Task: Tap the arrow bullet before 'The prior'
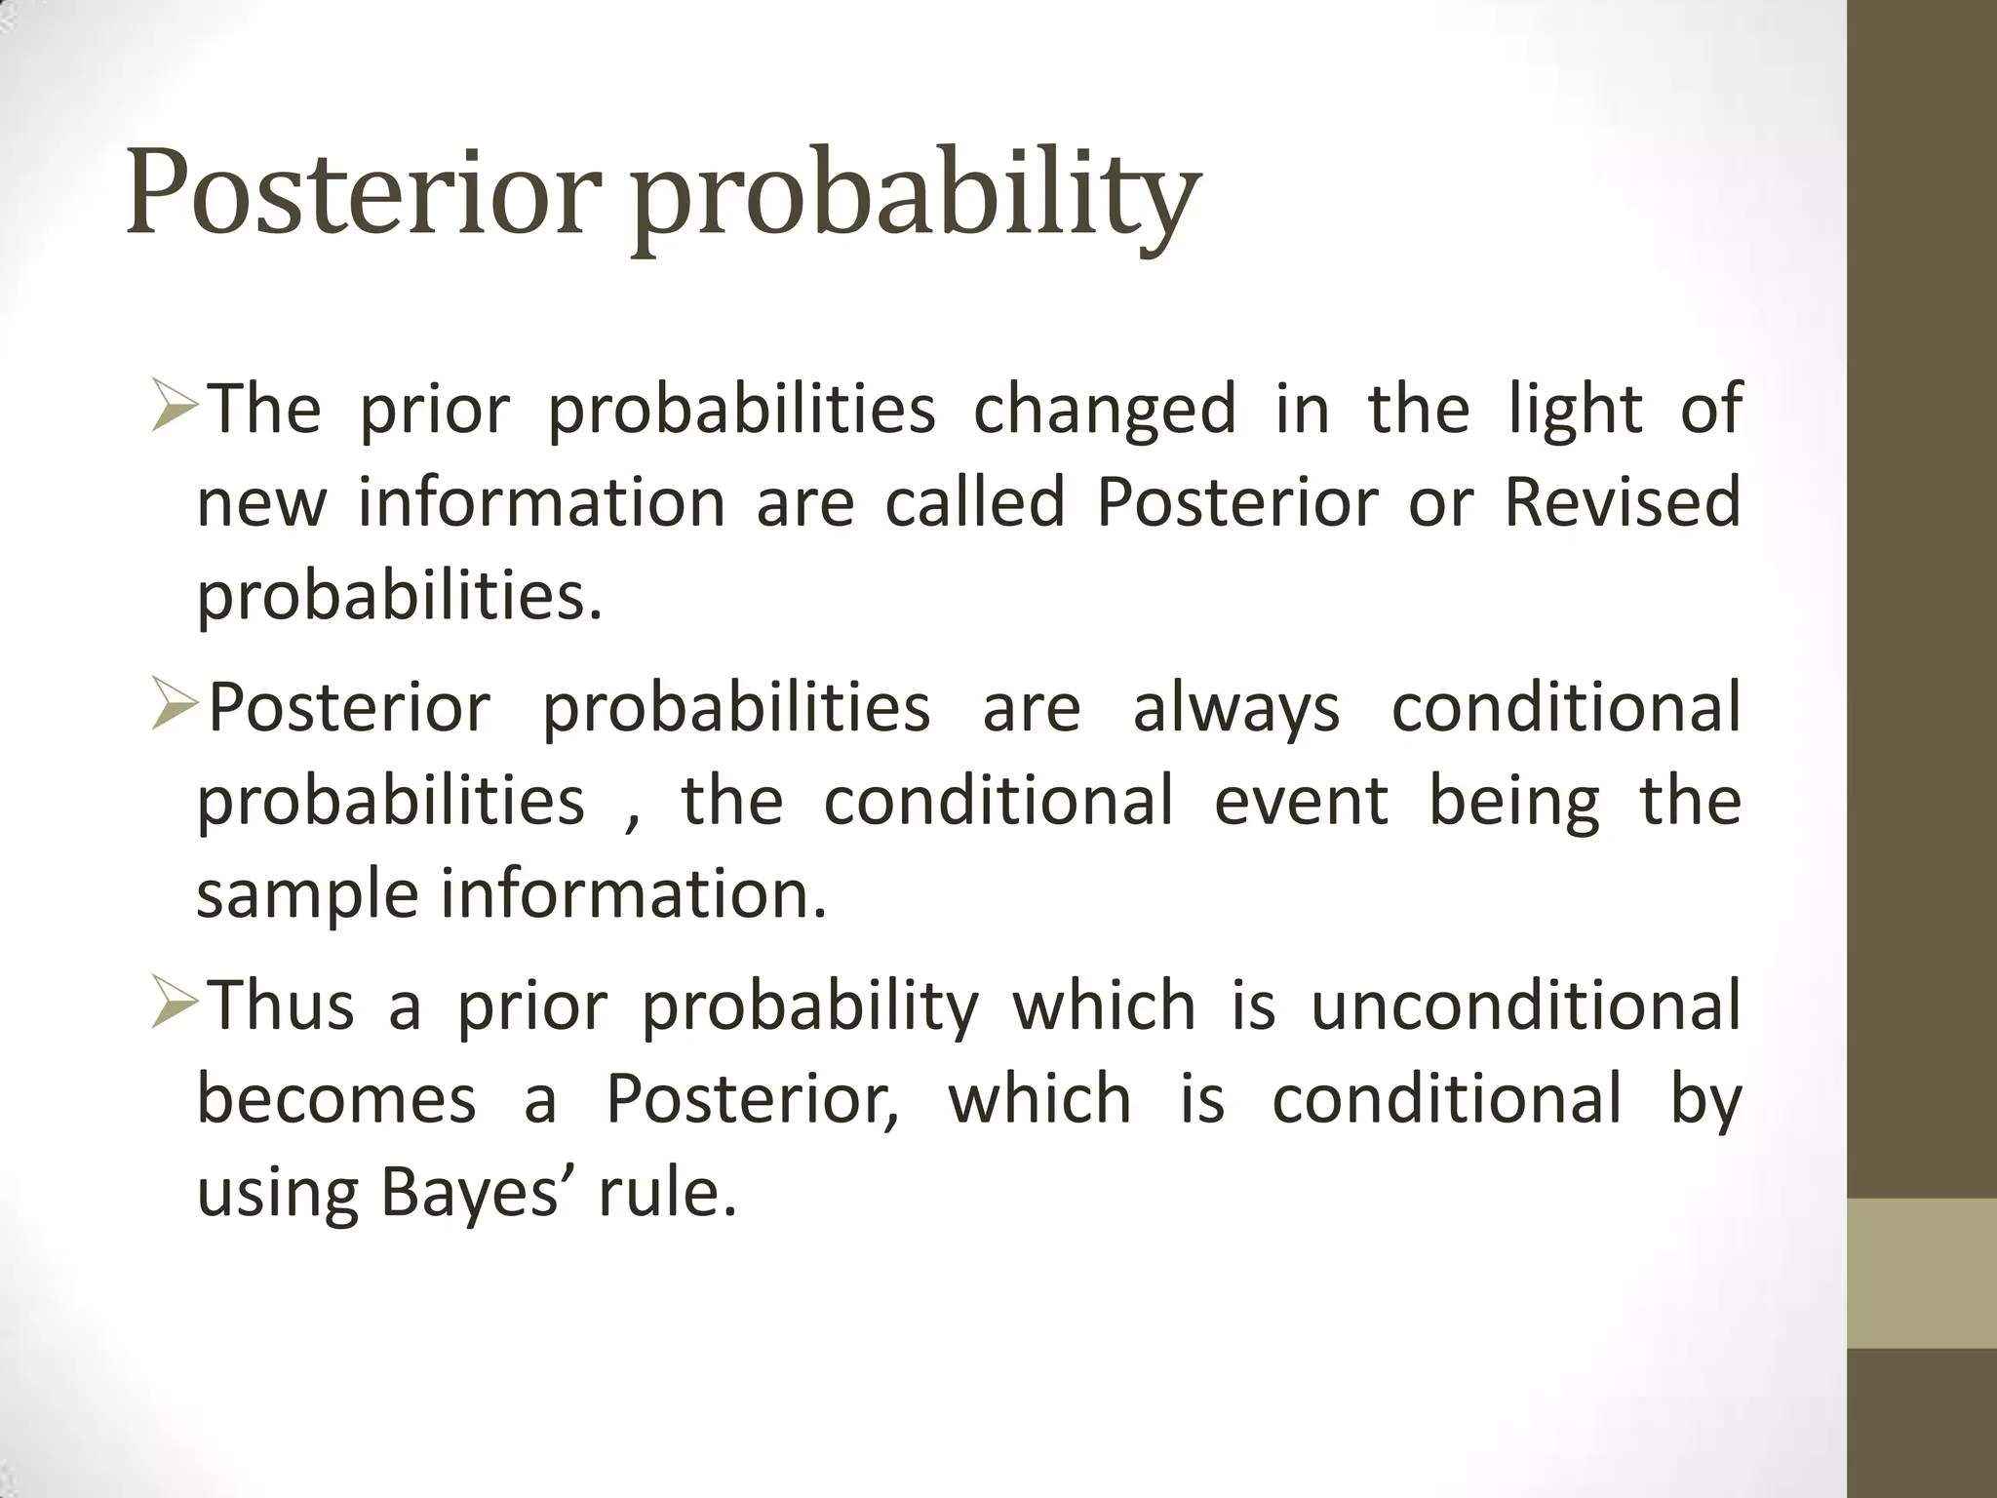176,409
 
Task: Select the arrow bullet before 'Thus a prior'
176,1005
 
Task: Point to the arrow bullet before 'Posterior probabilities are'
176,707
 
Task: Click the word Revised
1622,501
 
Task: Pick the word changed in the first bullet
1105,410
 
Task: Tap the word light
1575,410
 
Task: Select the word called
974,501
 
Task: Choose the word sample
307,895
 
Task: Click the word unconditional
1525,1005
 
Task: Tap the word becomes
336,1099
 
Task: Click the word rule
667,1192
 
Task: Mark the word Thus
282,1005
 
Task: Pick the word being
1513,801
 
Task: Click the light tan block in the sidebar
1921,1273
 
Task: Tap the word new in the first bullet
261,501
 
